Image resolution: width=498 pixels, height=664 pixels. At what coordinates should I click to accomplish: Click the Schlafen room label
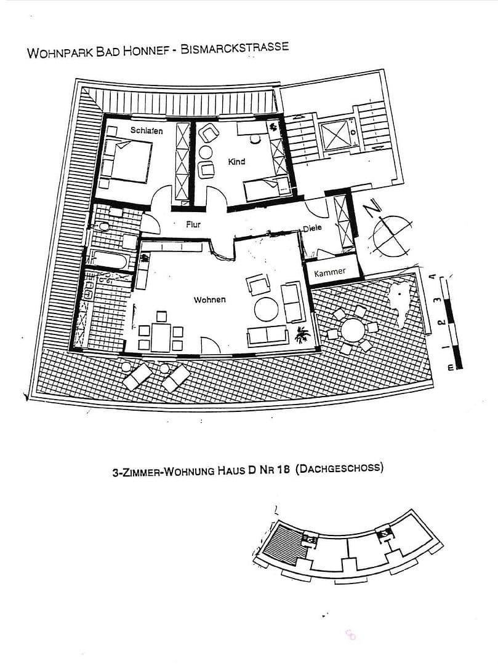147,130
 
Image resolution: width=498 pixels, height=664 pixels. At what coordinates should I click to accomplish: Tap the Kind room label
236,162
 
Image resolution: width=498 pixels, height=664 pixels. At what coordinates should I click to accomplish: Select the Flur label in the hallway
193,224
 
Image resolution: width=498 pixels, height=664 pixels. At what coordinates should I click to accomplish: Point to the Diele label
313,229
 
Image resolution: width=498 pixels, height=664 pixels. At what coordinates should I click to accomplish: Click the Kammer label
330,272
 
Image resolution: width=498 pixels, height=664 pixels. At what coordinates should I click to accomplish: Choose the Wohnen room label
209,300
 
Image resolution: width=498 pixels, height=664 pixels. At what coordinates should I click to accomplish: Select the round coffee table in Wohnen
267,309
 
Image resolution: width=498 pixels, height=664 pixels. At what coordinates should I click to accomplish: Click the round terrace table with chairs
353,331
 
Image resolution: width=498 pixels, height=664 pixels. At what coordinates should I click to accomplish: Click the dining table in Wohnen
161,337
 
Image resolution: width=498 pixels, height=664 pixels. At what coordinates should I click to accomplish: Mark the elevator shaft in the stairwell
337,132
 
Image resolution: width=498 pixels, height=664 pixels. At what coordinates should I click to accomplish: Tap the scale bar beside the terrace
451,320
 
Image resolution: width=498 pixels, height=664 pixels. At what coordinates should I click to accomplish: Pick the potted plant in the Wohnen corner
302,336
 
